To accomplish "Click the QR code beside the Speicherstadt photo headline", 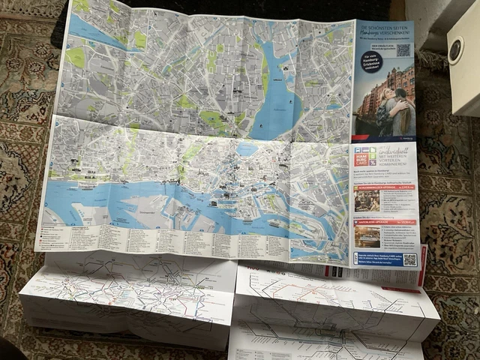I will point(403,50).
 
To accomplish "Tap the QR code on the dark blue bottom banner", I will point(409,259).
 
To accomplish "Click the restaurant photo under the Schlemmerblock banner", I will point(367,200).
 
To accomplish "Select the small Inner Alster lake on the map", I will point(247,148).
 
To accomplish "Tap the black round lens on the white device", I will point(455,51).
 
